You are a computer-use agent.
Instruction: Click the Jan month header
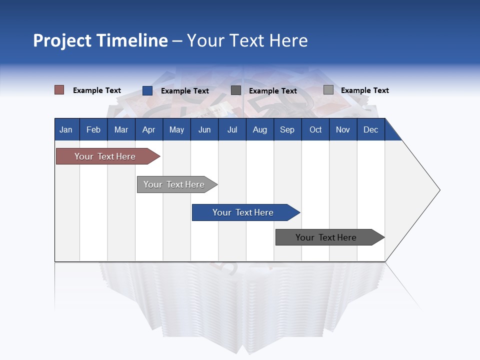66,130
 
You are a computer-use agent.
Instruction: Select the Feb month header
93,130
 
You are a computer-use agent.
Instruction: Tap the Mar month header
121,130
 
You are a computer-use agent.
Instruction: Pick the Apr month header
149,130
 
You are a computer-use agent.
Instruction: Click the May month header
176,130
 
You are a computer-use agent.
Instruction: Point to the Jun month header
204,130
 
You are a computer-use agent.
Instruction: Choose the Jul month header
232,130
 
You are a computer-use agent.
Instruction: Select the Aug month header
260,130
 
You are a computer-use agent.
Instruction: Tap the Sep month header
287,130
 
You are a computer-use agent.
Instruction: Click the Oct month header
315,130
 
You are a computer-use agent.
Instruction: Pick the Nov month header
343,130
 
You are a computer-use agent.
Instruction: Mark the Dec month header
371,130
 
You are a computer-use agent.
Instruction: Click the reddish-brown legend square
59,90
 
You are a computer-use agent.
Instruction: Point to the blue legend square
147,90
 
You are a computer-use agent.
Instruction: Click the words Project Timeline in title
100,40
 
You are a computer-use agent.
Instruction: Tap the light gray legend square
328,90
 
